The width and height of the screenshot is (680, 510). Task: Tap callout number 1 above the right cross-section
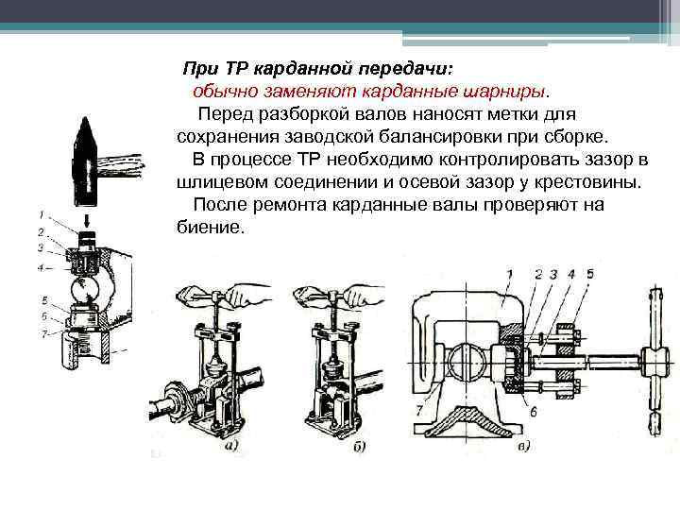[x=509, y=274]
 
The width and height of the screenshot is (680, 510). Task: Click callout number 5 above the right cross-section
[x=589, y=274]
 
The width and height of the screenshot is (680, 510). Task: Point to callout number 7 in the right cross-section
[x=420, y=411]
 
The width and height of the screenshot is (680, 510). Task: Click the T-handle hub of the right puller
[x=655, y=360]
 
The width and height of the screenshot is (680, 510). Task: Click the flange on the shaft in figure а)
[x=176, y=397]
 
